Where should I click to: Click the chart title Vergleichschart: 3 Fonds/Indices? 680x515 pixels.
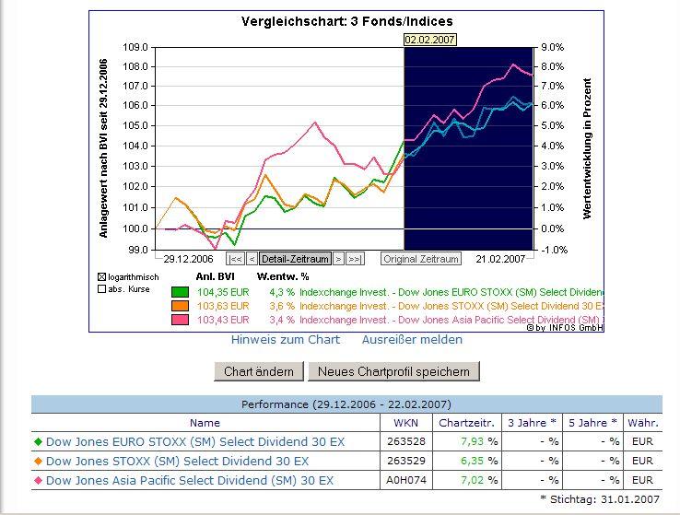(x=346, y=21)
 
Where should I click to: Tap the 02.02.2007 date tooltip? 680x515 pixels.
(x=429, y=40)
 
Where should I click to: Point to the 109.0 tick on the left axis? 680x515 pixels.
(x=135, y=47)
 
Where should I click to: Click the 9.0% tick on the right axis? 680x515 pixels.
(x=553, y=47)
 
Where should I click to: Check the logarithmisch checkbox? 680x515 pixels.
(x=102, y=276)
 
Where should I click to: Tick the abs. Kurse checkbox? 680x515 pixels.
(x=102, y=288)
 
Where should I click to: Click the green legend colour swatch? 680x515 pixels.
(x=181, y=292)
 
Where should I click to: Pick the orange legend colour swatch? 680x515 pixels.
(x=181, y=306)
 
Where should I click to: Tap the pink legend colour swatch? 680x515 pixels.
(x=181, y=320)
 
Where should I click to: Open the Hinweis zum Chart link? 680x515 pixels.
(x=286, y=340)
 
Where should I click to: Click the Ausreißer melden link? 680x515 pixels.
(x=412, y=340)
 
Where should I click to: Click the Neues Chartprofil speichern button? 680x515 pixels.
(x=394, y=371)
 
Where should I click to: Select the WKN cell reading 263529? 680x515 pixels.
(x=404, y=461)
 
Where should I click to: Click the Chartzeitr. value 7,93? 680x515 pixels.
(x=471, y=441)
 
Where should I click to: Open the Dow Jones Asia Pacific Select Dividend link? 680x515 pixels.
(x=190, y=480)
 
